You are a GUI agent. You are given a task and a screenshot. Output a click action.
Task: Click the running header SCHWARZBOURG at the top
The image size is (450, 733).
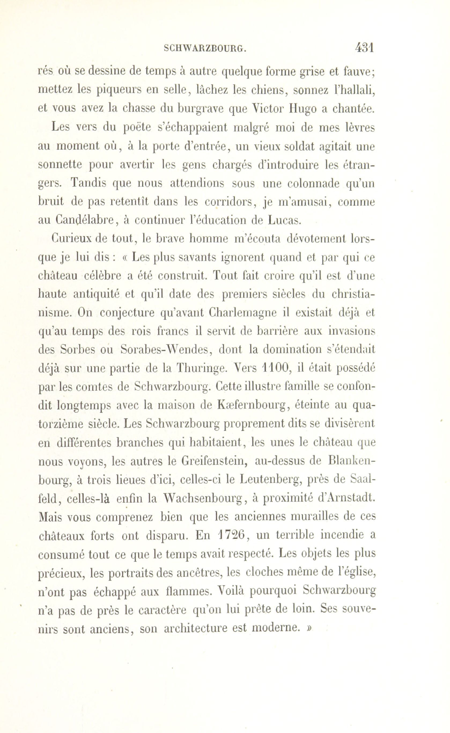(x=205, y=49)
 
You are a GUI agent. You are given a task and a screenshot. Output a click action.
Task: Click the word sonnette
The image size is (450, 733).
(x=60, y=165)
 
